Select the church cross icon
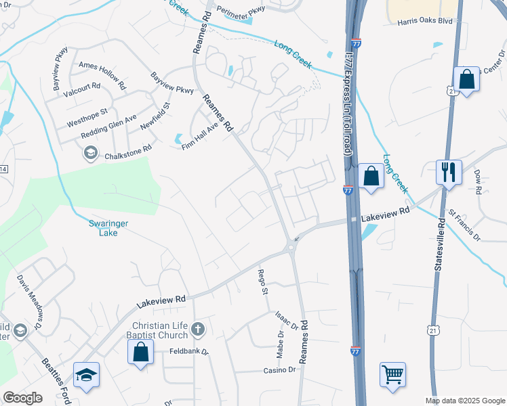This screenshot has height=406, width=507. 197,330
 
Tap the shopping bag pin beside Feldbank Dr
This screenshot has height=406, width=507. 140,352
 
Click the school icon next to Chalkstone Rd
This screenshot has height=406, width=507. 90,154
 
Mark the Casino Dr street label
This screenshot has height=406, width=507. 280,370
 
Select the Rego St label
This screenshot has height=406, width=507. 262,281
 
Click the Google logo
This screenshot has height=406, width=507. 23,398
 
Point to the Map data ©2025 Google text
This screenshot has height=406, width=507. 464,401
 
